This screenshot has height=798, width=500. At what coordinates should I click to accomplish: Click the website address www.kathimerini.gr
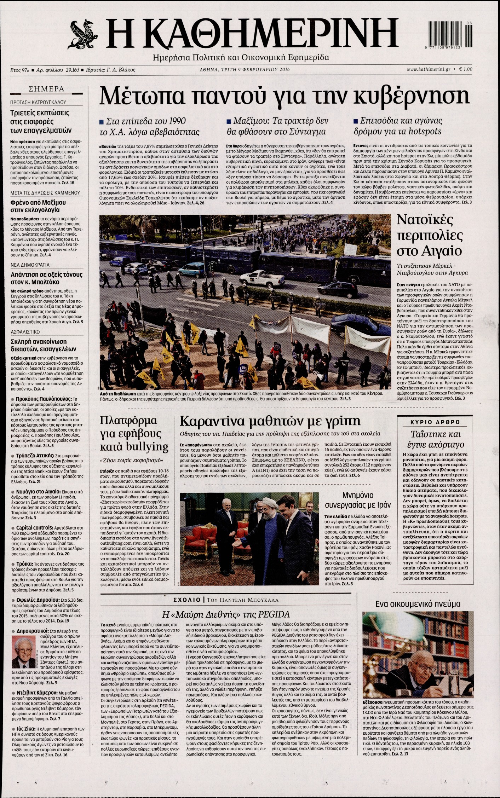pyautogui.click(x=428, y=69)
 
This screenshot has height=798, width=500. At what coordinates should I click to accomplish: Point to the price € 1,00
pyautogui.click(x=466, y=69)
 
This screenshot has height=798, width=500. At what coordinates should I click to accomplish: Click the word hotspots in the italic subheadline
pyautogui.click(x=424, y=131)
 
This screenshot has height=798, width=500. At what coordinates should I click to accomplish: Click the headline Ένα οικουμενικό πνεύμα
pyautogui.click(x=418, y=603)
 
